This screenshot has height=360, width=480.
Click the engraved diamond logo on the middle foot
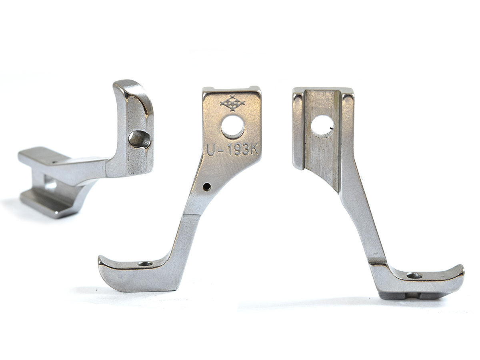tap(233, 103)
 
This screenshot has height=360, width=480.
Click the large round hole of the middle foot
tap(232, 127)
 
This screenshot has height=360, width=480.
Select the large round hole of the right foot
tap(322, 127)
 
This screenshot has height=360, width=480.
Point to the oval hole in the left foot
tap(140, 140)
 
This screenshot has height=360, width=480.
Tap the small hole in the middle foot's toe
tap(146, 264)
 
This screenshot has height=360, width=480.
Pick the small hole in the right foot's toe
tap(414, 276)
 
